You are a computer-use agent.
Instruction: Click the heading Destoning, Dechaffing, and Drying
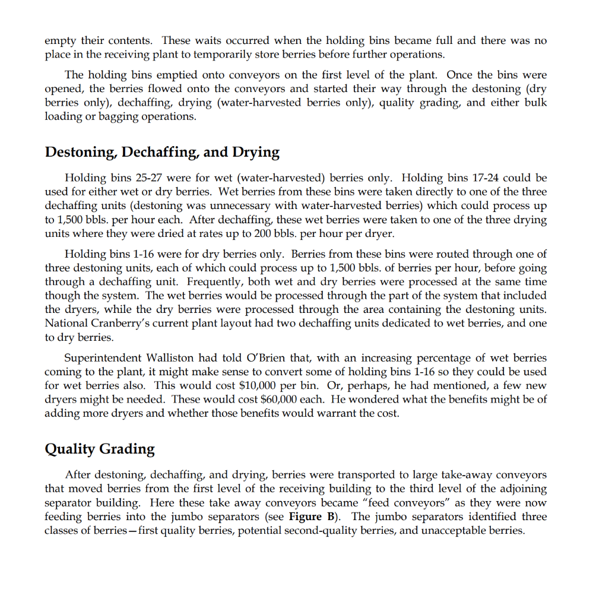click(x=162, y=152)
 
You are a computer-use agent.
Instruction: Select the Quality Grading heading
click(x=100, y=449)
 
